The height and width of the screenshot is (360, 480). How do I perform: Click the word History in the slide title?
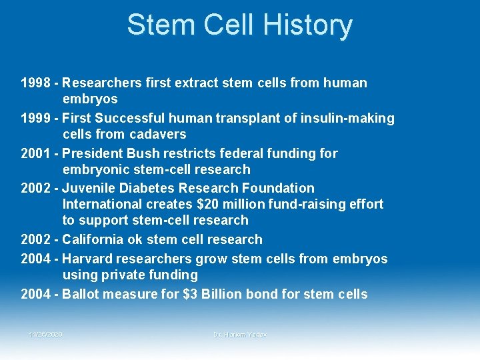307,25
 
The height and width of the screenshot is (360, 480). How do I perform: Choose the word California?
96,239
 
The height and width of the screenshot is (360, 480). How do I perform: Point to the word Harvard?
89,259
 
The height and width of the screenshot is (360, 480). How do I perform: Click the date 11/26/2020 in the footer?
46,334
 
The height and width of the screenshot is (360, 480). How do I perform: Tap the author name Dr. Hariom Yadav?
239,334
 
